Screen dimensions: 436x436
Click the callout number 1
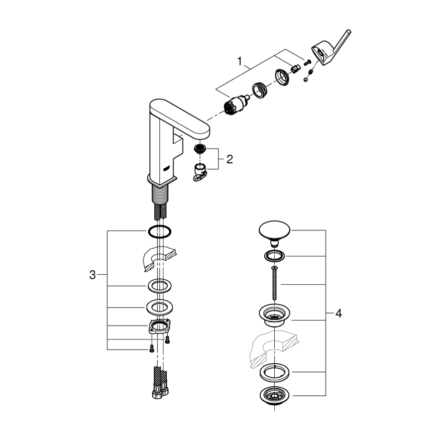(x=241, y=61)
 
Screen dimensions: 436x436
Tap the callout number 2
(x=230, y=160)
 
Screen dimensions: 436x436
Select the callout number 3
(x=92, y=275)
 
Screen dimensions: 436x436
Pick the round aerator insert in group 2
(x=200, y=148)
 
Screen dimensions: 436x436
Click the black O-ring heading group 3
(x=160, y=232)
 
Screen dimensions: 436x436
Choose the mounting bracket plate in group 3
(x=160, y=327)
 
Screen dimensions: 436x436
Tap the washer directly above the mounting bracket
(x=160, y=306)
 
